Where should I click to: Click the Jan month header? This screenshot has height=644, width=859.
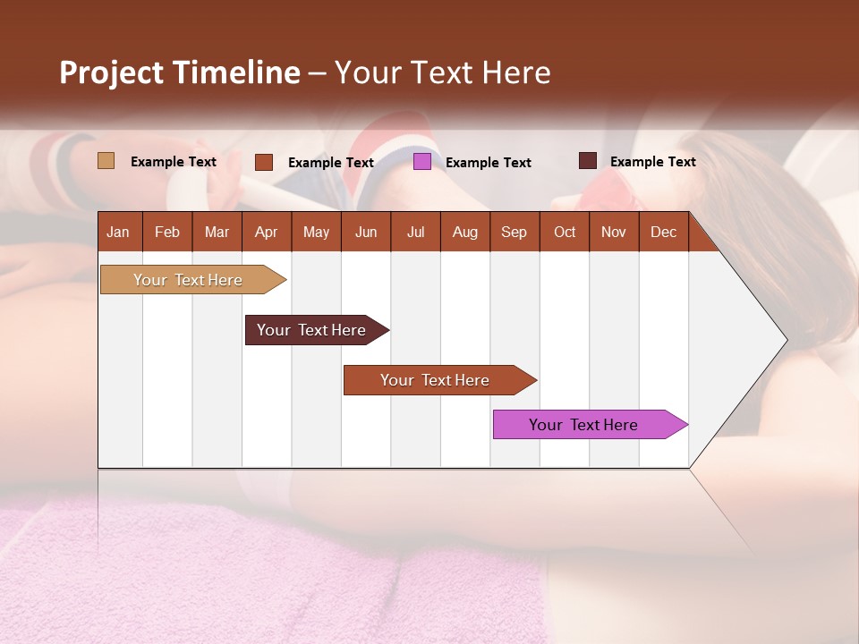click(118, 232)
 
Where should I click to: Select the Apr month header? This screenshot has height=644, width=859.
click(266, 232)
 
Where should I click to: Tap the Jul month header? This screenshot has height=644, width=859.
click(415, 232)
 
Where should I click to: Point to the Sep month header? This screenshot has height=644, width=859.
click(514, 232)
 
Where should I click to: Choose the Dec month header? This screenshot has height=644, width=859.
click(663, 232)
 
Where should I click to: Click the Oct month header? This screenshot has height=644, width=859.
click(565, 232)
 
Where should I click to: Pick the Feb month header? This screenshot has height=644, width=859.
click(167, 232)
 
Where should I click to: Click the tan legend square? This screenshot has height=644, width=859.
click(106, 161)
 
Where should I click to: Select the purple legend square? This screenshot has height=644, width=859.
click(422, 162)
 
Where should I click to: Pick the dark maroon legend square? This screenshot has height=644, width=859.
click(587, 161)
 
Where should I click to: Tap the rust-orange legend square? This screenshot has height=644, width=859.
click(264, 162)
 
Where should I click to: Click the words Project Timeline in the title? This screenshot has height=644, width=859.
click(179, 72)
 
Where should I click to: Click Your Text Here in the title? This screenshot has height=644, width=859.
click(442, 72)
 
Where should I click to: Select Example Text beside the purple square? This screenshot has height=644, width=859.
click(489, 163)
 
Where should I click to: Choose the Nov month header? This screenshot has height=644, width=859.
click(613, 232)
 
